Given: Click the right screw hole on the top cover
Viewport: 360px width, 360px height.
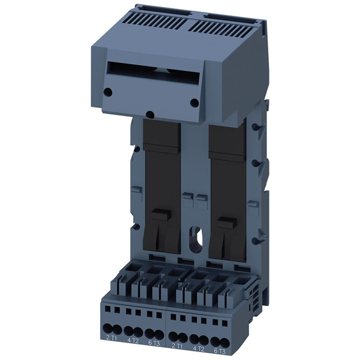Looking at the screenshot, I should click(195, 102).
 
